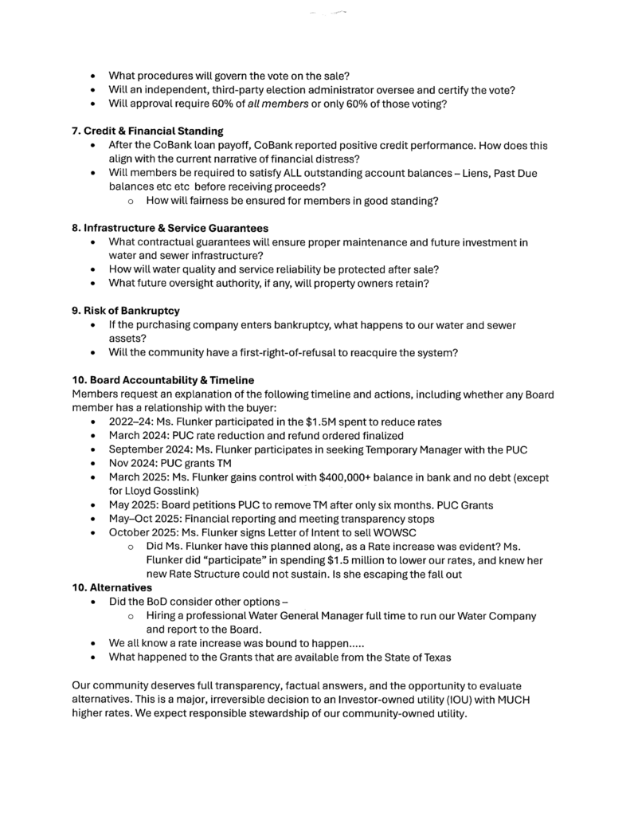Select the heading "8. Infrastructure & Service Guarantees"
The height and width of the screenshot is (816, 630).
[x=170, y=228]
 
